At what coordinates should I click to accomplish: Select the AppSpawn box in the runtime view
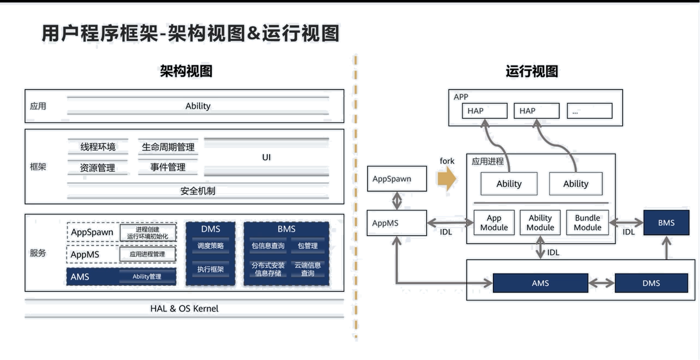pos(397,179)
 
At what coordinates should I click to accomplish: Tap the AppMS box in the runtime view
pos(396,223)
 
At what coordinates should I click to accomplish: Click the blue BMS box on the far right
pos(666,223)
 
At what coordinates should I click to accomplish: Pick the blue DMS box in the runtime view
pos(651,283)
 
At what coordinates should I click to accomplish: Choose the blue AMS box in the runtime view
pos(540,283)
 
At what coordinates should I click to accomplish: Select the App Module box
pos(494,223)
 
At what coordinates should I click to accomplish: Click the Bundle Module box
pos(587,223)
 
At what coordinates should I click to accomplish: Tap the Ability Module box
pos(540,223)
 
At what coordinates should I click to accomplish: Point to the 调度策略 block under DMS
pos(210,246)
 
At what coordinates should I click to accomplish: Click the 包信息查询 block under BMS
pos(268,246)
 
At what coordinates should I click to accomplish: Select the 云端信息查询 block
pos(307,269)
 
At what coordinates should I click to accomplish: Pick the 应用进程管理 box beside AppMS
pos(148,254)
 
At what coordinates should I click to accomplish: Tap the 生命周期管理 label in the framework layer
pos(168,147)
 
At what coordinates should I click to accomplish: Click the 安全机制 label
pos(198,191)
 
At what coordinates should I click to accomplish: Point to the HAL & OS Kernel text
pos(185,308)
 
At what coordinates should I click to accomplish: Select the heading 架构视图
pos(186,71)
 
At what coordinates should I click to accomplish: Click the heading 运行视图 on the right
pos(532,71)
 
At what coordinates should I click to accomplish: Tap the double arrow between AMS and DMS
pos(602,283)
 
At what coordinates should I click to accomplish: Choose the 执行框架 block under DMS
pos(210,269)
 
